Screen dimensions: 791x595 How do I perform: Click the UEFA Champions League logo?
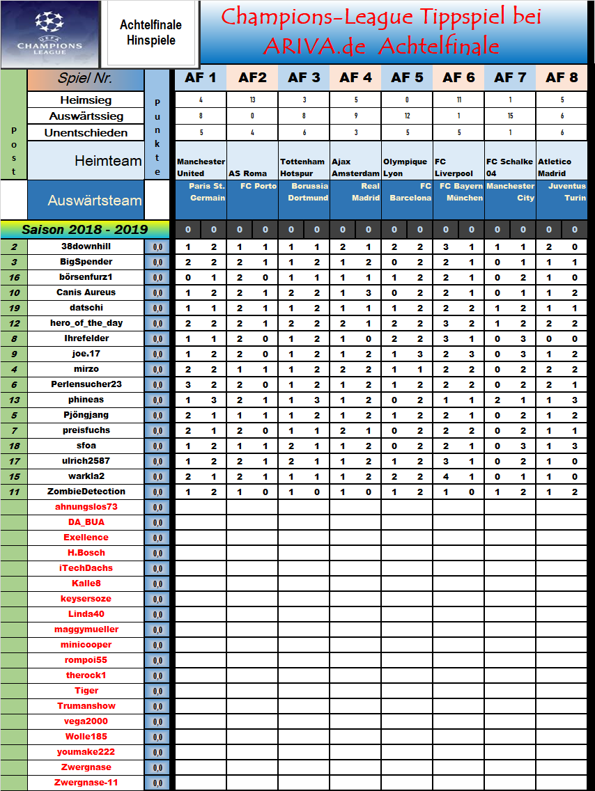pyautogui.click(x=49, y=33)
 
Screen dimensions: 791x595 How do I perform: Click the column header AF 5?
pyautogui.click(x=407, y=78)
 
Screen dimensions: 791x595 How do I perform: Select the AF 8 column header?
pyautogui.click(x=562, y=78)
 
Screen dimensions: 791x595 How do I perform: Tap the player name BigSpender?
pyautogui.click(x=86, y=262)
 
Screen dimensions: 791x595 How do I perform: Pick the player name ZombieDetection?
pyautogui.click(x=86, y=492)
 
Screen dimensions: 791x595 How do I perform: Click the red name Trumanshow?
pyautogui.click(x=86, y=706)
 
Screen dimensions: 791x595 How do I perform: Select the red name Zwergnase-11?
pyautogui.click(x=86, y=783)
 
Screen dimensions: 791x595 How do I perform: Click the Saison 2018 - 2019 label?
pyautogui.click(x=84, y=229)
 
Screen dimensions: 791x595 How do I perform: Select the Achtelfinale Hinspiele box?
pyautogui.click(x=150, y=33)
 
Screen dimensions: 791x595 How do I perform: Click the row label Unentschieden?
pyautogui.click(x=86, y=132)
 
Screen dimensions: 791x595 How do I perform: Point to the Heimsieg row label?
pyautogui.click(x=86, y=100)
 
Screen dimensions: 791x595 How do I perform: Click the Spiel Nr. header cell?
pyautogui.click(x=85, y=78)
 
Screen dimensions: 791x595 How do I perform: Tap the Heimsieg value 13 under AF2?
pyautogui.click(x=252, y=100)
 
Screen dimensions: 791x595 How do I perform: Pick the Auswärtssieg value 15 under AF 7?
pyautogui.click(x=511, y=116)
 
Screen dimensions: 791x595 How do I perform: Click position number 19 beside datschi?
pyautogui.click(x=14, y=308)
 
